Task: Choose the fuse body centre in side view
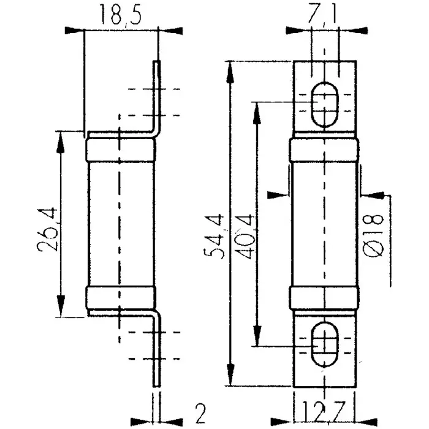(120, 224)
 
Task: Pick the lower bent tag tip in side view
(158, 384)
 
